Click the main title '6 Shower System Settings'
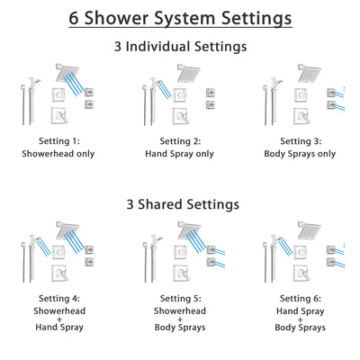pos(180,18)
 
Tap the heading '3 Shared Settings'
pos(180,204)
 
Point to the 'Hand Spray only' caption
pos(180,154)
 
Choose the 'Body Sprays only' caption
pos(301,154)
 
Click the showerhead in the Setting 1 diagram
pos(66,72)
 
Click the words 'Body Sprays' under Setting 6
pos(301,330)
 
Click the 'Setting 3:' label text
pos(301,141)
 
